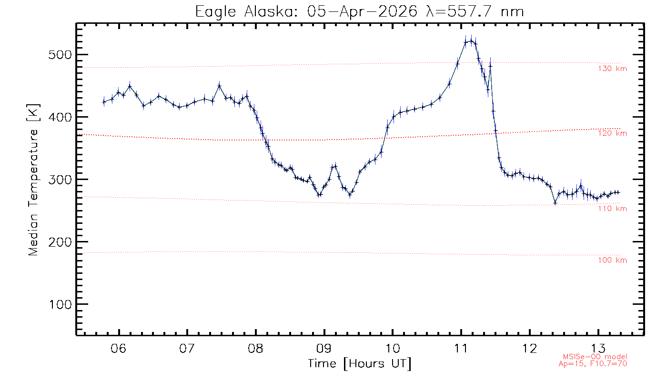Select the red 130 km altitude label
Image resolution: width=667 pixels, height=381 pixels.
[x=612, y=69]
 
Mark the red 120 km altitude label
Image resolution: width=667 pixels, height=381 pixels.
[x=612, y=133]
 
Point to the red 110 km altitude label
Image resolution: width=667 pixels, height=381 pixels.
[x=612, y=209]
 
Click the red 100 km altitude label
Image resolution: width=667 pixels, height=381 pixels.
[x=612, y=261]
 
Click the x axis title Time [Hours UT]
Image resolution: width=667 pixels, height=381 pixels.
[x=359, y=364]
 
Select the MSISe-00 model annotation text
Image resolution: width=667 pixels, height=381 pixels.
[x=595, y=357]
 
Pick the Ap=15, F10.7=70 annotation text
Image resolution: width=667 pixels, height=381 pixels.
[x=592, y=364]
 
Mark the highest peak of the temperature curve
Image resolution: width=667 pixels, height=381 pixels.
[x=471, y=41]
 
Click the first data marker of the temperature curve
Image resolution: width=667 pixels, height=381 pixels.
[x=104, y=101]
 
